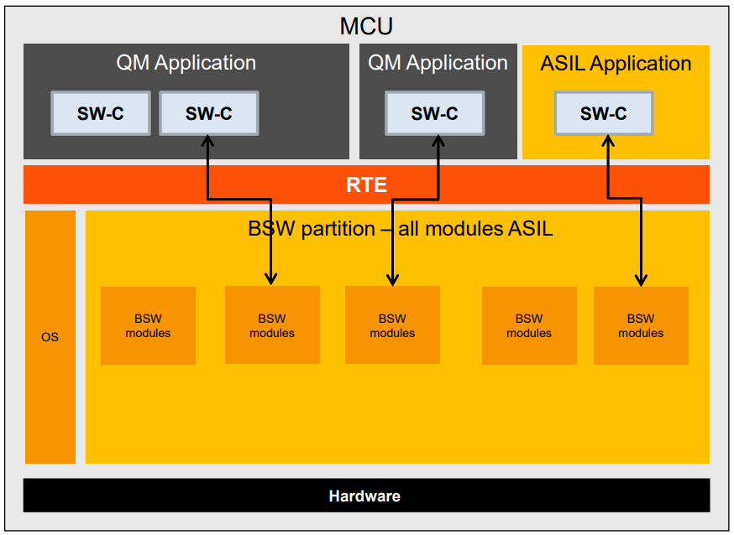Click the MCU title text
click(x=366, y=25)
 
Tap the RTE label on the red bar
click(x=366, y=184)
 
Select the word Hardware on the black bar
click(x=364, y=496)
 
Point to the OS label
click(x=50, y=337)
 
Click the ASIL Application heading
click(x=616, y=64)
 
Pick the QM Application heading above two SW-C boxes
click(x=186, y=63)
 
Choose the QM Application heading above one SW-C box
click(x=438, y=63)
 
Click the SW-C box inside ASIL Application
click(x=603, y=114)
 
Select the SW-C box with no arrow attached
click(x=101, y=114)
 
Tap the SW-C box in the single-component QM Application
click(x=434, y=114)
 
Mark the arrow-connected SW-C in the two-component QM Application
click(x=208, y=114)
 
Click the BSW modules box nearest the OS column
click(x=148, y=325)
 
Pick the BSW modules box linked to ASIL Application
click(x=641, y=325)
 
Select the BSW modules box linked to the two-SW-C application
click(x=272, y=325)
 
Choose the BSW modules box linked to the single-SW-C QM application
click(x=392, y=325)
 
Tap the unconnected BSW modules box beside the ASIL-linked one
click(x=529, y=325)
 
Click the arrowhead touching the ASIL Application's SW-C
click(x=607, y=142)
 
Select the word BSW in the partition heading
click(x=267, y=228)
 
